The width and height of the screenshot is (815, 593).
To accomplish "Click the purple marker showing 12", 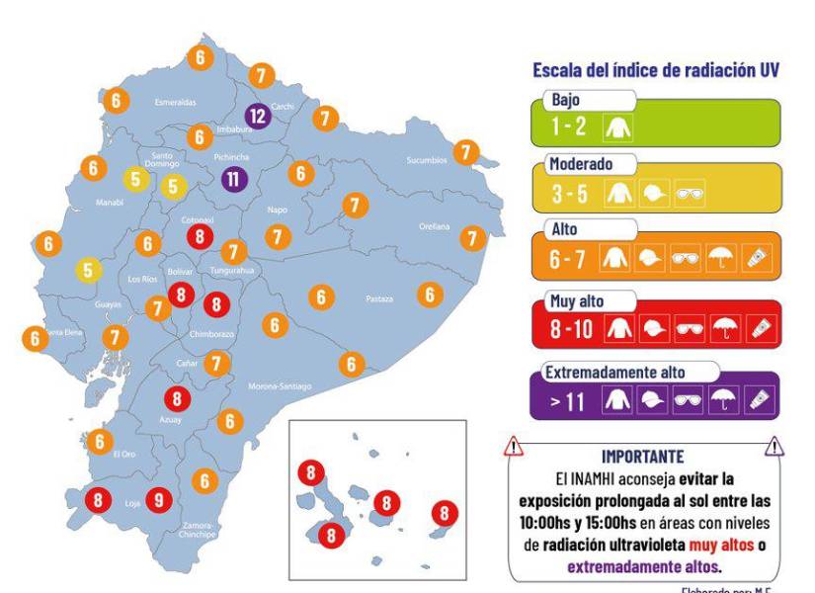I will pyautogui.click(x=258, y=116).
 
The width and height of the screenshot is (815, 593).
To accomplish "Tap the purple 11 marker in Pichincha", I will pyautogui.click(x=234, y=179).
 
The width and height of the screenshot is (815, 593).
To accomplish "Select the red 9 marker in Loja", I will pyautogui.click(x=160, y=500).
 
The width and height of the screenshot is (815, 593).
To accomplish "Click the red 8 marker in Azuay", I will pyautogui.click(x=177, y=399).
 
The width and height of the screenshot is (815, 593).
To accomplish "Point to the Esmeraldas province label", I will pyautogui.click(x=175, y=102).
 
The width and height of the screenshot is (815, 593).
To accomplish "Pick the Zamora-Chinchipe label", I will pyautogui.click(x=204, y=530).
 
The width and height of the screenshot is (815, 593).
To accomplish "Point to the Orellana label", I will pyautogui.click(x=433, y=226).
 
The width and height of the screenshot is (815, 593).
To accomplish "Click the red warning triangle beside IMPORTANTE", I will pyautogui.click(x=514, y=448).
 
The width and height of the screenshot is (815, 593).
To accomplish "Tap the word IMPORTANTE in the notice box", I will pyautogui.click(x=642, y=457).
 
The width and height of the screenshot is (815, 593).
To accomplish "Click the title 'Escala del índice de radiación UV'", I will pyautogui.click(x=657, y=70).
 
